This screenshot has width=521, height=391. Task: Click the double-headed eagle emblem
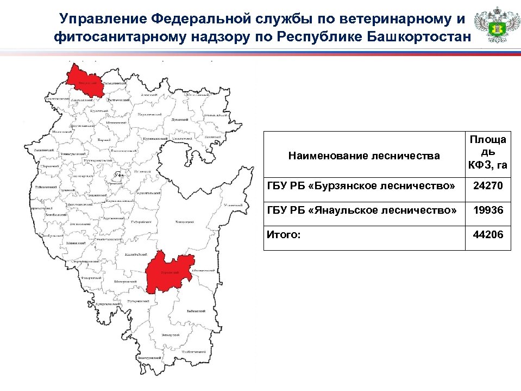coord(493,26)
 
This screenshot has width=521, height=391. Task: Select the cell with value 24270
coord(488,187)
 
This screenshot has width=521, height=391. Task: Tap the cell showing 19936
coord(488,210)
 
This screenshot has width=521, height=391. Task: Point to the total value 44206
coord(488,234)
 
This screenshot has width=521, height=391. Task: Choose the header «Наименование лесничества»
coord(364,157)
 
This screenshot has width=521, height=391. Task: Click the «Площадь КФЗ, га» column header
coord(488,152)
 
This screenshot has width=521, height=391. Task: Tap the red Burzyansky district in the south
coord(168,272)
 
